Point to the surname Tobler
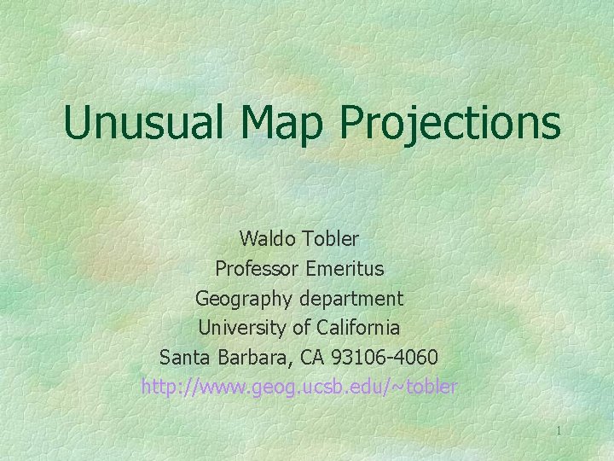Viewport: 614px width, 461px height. (330, 238)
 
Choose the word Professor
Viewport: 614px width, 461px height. (256, 268)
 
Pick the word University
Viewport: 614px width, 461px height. (240, 327)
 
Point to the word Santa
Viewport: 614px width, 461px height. (182, 357)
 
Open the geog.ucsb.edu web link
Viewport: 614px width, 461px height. (299, 387)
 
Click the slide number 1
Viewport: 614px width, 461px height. (559, 431)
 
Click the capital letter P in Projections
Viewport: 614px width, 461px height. (356, 123)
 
